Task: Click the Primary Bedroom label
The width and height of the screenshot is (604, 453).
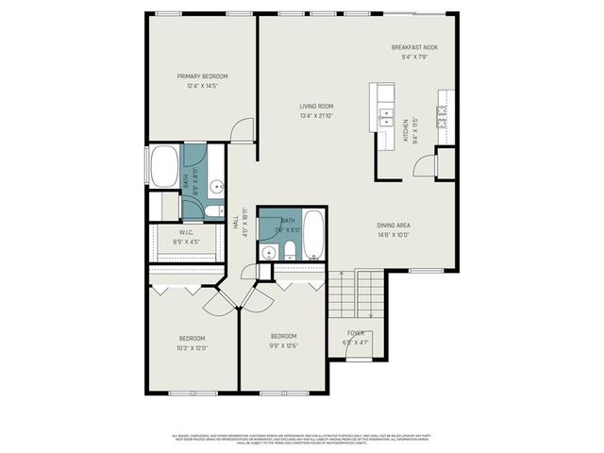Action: (x=203, y=76)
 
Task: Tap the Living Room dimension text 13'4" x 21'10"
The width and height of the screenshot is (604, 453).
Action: (x=317, y=116)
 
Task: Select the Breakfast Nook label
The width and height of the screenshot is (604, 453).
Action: (x=415, y=47)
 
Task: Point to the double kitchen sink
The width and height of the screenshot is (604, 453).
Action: (x=385, y=117)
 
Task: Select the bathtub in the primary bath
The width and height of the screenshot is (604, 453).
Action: (x=164, y=168)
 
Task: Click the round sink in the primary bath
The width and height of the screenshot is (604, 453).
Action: (x=216, y=185)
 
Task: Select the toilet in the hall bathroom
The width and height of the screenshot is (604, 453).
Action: (x=290, y=251)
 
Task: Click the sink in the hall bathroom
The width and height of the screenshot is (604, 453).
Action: (x=268, y=252)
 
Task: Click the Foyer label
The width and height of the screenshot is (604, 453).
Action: (x=355, y=333)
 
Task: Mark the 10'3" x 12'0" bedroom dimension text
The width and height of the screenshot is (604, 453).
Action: (x=193, y=348)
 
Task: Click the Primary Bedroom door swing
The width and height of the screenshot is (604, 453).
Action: (x=243, y=131)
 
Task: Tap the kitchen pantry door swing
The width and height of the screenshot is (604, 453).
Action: (x=424, y=166)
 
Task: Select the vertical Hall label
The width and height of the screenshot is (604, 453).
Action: (x=235, y=223)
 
